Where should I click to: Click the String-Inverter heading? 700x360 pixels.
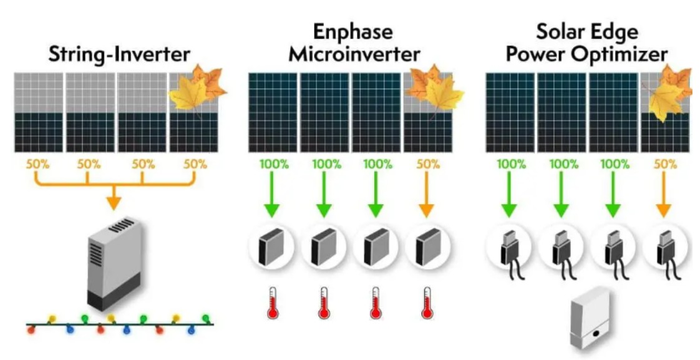tap(119, 54)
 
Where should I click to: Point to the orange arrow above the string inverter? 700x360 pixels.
tap(114, 199)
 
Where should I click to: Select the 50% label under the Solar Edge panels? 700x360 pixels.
tap(665, 165)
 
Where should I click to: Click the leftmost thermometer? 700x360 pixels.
tap(272, 303)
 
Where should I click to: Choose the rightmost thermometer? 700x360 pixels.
tap(427, 303)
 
